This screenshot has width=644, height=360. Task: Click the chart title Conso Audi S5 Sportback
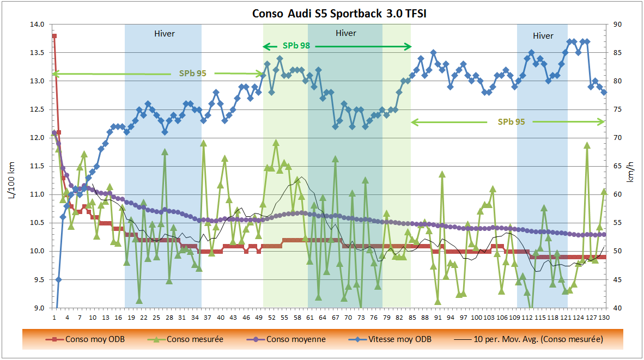coord(339,14)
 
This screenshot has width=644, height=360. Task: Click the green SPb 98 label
coord(296,46)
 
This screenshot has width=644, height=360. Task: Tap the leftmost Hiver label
coord(165,34)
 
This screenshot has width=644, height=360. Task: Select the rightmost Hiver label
coord(543,36)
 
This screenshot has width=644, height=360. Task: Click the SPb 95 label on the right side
coord(511,121)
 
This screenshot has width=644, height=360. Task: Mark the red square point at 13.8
coord(54,36)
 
